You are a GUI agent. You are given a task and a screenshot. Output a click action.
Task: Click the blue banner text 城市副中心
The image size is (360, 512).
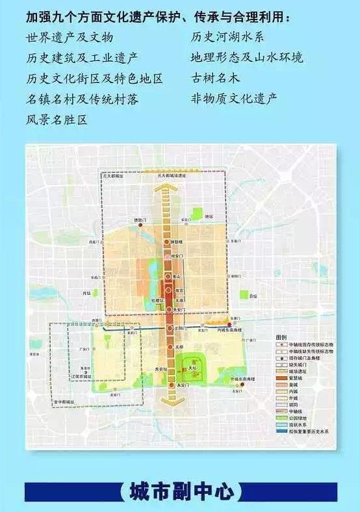pyautogui.click(x=181, y=492)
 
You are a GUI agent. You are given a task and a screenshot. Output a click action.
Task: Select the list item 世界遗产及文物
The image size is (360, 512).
pyautogui.click(x=70, y=37)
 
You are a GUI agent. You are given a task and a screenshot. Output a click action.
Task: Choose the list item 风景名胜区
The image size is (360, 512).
pyautogui.click(x=57, y=119)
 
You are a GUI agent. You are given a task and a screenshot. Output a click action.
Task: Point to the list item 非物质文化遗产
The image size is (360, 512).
pyautogui.click(x=234, y=99)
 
